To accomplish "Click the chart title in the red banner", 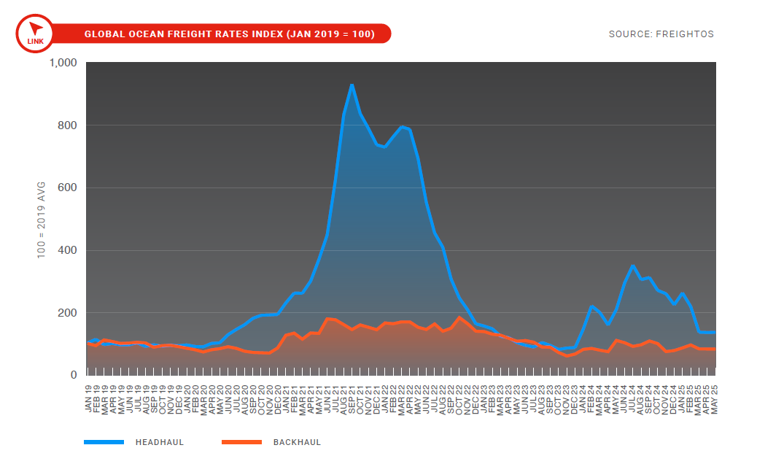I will [x=230, y=34].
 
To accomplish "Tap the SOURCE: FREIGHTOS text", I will [x=661, y=34].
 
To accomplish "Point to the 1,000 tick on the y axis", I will [x=63, y=63].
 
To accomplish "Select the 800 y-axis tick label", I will [x=68, y=125].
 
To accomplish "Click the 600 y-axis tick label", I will [x=68, y=187].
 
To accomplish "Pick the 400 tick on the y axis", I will [x=68, y=250].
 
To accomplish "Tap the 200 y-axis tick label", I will [x=68, y=313].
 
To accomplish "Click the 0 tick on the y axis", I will [x=74, y=375].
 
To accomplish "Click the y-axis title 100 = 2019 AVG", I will [x=41, y=219].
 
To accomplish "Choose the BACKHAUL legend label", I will [x=297, y=442].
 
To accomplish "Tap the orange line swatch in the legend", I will [x=241, y=442].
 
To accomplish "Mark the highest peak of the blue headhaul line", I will [x=352, y=85].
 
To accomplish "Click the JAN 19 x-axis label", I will [x=88, y=398].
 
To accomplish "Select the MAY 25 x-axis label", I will [x=715, y=398].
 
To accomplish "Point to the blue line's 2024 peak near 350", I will [x=633, y=266].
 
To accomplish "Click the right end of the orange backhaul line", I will [x=715, y=349].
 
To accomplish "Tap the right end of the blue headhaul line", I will [x=715, y=332].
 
